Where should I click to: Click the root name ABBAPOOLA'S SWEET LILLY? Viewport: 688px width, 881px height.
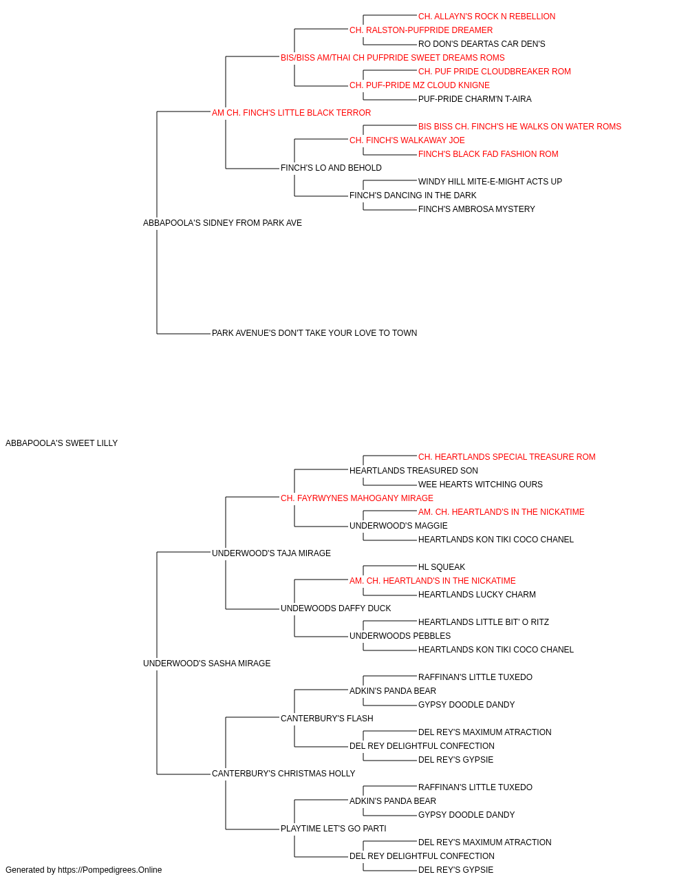62,443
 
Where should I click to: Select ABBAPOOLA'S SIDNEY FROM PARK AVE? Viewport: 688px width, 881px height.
222,223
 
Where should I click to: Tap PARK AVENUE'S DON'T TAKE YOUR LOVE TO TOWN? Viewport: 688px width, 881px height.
314,333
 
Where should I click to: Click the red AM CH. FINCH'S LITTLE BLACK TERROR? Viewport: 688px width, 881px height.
291,113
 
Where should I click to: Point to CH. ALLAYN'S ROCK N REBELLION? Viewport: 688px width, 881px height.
486,17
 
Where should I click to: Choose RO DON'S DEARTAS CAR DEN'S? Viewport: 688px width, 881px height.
482,44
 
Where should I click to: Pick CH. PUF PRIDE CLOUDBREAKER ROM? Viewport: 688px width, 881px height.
494,72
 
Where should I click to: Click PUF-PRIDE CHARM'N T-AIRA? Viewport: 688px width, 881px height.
475,99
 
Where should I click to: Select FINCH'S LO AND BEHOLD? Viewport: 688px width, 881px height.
331,168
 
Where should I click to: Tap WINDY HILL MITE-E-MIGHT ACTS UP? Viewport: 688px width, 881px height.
491,182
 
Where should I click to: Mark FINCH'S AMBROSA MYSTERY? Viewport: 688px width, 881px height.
477,209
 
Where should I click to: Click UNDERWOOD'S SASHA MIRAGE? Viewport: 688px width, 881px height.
206,664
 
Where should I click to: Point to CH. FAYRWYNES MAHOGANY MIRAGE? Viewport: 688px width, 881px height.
357,498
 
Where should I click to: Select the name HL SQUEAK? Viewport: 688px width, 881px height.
442,566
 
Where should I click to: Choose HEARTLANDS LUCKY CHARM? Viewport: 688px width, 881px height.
477,595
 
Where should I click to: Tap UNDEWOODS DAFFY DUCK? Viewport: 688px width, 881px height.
336,608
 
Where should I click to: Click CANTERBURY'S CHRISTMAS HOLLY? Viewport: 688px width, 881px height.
283,774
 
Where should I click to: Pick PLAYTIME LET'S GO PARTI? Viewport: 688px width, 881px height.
334,829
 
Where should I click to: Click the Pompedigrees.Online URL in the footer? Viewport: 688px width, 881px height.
110,870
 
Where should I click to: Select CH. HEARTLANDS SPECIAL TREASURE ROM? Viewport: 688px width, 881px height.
507,457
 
